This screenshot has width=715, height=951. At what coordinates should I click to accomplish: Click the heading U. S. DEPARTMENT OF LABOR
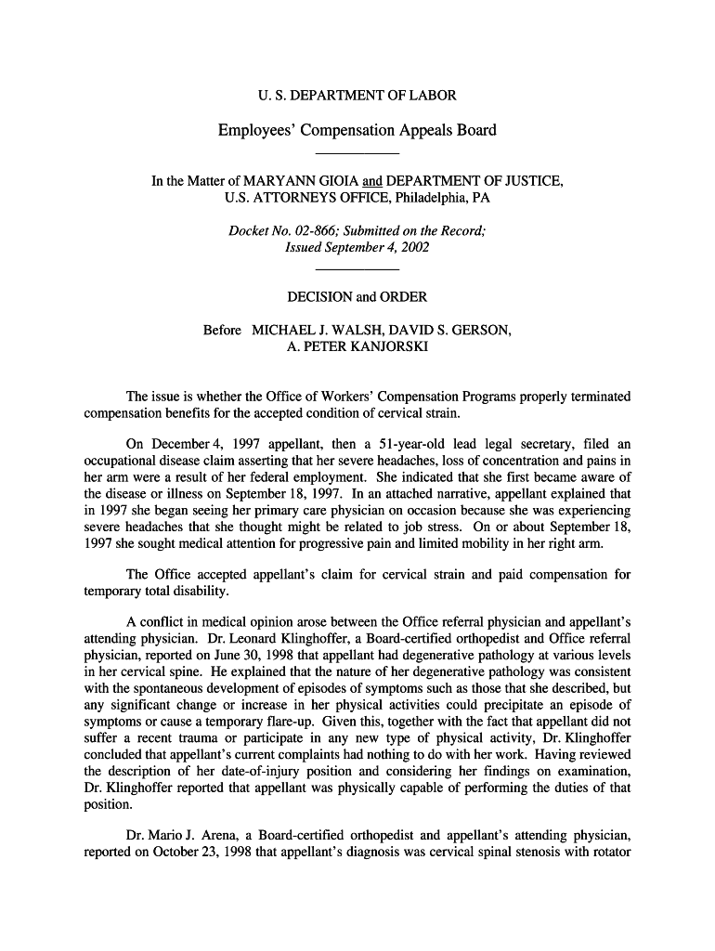357,95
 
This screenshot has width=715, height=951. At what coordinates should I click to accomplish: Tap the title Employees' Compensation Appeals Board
357,130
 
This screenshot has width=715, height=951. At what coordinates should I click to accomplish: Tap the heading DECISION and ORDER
357,297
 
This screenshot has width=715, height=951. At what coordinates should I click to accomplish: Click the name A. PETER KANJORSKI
357,347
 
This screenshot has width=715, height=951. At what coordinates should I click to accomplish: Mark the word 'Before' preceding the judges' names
222,331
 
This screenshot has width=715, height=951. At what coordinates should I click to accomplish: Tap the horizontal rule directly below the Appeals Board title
357,151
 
